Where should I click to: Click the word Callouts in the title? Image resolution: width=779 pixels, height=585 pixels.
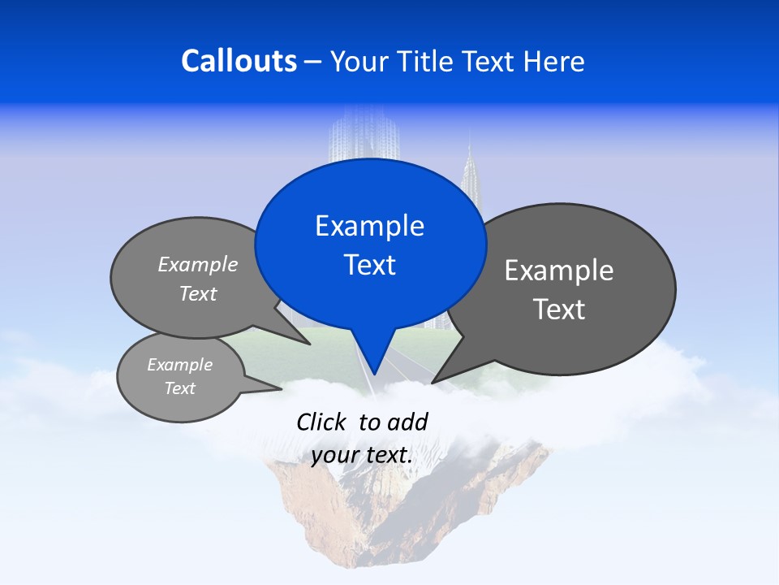[239, 61]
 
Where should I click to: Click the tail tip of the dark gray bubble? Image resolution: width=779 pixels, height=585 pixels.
[434, 381]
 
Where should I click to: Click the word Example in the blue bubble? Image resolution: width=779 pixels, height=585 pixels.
[369, 226]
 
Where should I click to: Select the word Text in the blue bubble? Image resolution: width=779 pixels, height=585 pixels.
[369, 265]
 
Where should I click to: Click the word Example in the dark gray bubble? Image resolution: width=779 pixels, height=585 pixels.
[559, 271]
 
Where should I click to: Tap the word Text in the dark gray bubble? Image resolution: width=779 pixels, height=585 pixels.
[559, 310]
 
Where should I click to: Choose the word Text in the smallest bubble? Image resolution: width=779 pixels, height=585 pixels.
[179, 388]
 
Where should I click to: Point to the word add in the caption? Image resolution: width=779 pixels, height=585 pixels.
[407, 422]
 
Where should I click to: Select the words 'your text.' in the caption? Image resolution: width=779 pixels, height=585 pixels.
[361, 456]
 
